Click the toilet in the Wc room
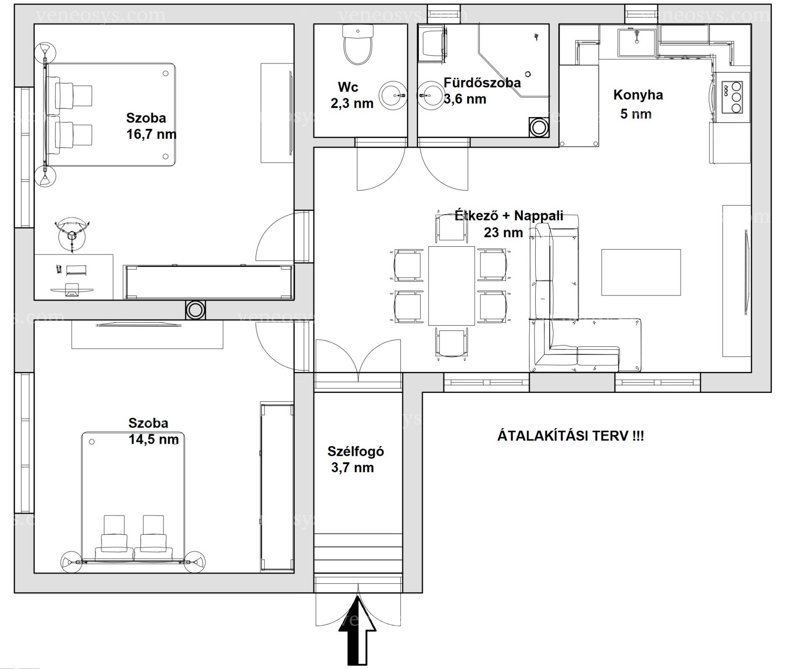point(358,44)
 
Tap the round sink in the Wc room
point(393,96)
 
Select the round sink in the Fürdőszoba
point(431,96)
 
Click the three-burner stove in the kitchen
point(732,97)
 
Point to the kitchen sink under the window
point(636,42)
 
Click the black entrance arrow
point(357,632)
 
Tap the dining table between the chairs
point(451,286)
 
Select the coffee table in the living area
point(641,272)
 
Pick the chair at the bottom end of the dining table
point(451,343)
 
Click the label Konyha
point(638,95)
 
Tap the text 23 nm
point(503,233)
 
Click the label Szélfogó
point(356,451)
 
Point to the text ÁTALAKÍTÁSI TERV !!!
point(570,436)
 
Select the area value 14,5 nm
point(154,439)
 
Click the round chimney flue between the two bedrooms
point(195,310)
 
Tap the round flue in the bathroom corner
point(538,127)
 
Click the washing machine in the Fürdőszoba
point(432,44)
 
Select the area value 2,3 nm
point(352,103)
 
